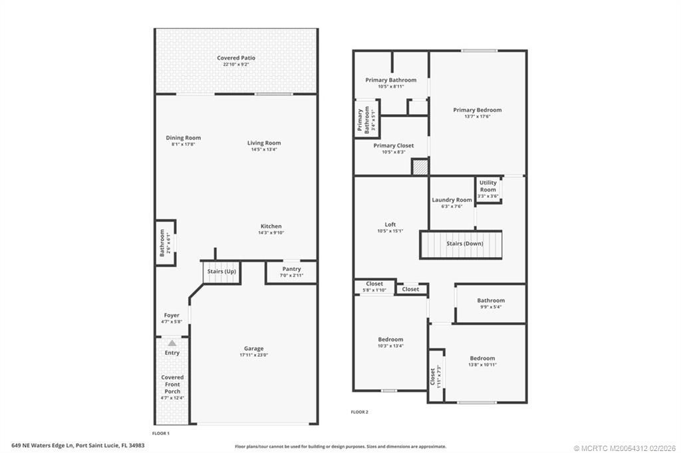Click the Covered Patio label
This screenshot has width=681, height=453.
pos(236,58)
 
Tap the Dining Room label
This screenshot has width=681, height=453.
pos(183,138)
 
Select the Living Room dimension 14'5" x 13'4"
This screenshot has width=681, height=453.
pos(264,149)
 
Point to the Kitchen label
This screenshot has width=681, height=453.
pos(271,226)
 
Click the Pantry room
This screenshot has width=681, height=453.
pos(291,272)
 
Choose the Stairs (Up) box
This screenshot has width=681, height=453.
pos(221,272)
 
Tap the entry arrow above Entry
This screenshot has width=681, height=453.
pos(172,343)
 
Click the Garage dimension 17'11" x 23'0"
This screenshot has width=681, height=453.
pos(253,355)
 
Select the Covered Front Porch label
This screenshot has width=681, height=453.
pos(172,385)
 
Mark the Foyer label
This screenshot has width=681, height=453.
pos(172,316)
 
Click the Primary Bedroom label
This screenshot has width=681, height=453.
pos(477,110)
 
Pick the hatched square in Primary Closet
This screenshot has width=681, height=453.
pos(420,167)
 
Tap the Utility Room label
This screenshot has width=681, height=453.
pos(487,186)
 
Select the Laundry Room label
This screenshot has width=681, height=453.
pos(452,200)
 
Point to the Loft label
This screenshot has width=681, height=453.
pos(390,225)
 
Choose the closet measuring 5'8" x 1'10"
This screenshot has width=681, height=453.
pos(374,287)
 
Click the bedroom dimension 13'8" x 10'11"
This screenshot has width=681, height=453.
pos(482,365)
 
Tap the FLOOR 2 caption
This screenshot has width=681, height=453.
pos(360,412)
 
